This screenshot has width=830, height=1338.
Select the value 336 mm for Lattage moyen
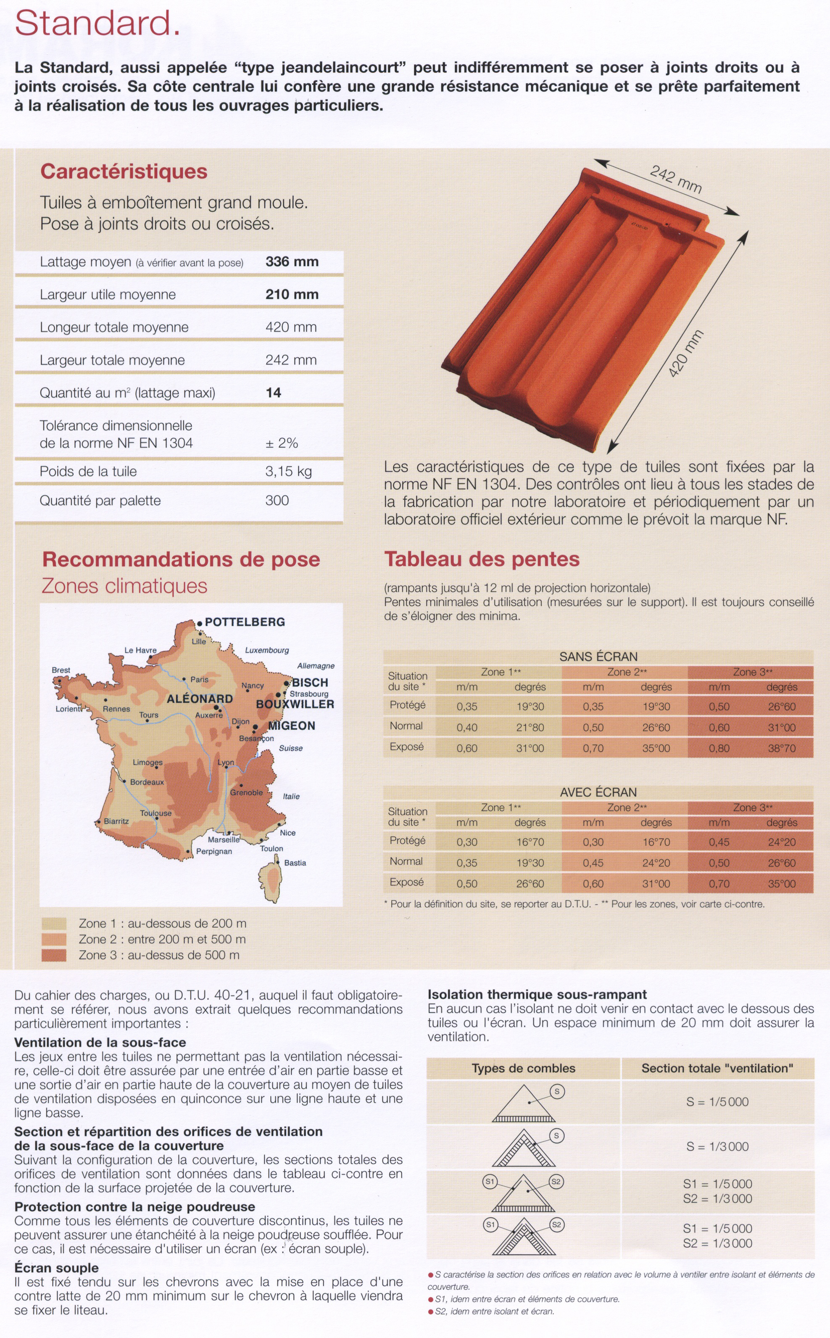pyautogui.click(x=292, y=262)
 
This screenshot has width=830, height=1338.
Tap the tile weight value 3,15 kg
pyautogui.click(x=288, y=471)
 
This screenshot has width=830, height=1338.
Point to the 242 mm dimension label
pyautogui.click(x=676, y=179)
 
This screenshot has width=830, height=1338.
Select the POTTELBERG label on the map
pyautogui.click(x=245, y=622)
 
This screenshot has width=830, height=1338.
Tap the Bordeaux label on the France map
pyautogui.click(x=147, y=782)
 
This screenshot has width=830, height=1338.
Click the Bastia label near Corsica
pyautogui.click(x=295, y=863)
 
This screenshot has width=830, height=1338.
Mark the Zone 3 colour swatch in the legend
pyautogui.click(x=54, y=955)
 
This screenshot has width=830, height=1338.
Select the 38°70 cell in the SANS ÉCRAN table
pyautogui.click(x=781, y=748)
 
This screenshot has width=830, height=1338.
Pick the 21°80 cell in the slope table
pyautogui.click(x=530, y=728)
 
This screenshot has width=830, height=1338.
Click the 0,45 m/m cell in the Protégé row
pyautogui.click(x=719, y=842)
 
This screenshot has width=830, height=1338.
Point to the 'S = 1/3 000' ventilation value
pyautogui.click(x=717, y=1146)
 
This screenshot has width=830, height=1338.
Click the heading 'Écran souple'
pyautogui.click(x=57, y=1268)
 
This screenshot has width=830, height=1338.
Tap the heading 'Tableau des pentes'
pyautogui.click(x=482, y=559)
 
